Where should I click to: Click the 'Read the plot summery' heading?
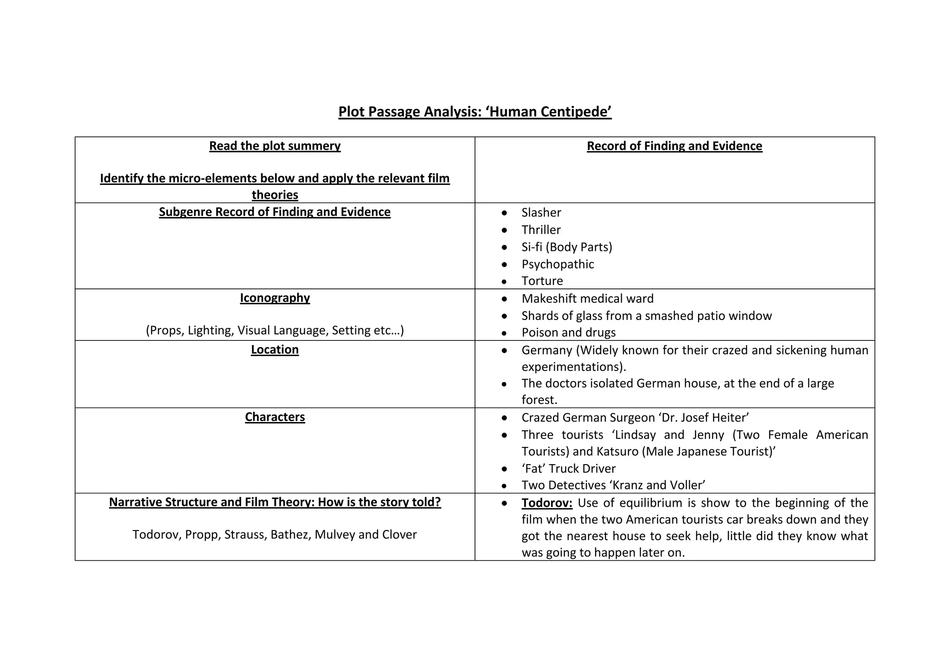coord(275,146)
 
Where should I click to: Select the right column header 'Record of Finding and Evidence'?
coord(674,146)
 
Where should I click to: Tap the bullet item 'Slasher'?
coord(541,212)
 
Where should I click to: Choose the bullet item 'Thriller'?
coord(541,230)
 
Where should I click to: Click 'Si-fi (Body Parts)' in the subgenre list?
coord(566,247)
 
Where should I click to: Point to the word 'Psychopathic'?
coord(558,264)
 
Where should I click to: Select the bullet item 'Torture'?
coord(542,281)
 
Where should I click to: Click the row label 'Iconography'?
coord(275,298)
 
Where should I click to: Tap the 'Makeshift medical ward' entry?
coord(587,298)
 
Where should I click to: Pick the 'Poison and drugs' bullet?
coord(568,332)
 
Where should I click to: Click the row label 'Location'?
coord(275,350)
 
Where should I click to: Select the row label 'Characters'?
coord(275,417)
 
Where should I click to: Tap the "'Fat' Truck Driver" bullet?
coord(568,468)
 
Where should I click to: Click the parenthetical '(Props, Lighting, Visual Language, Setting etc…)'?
coord(275,330)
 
